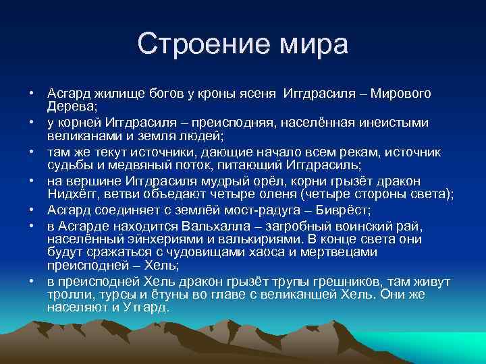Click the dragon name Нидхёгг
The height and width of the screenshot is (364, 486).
(74, 194)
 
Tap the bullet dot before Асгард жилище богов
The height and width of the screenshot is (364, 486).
(32, 94)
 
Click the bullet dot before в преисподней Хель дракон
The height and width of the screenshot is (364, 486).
(32, 281)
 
